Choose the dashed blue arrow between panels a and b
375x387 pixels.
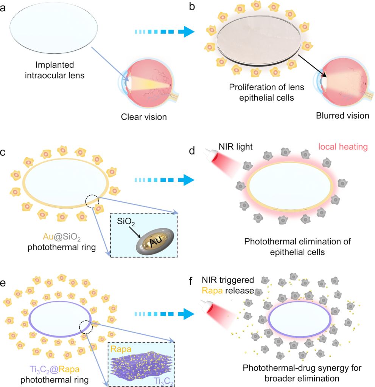pos(164,32)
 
